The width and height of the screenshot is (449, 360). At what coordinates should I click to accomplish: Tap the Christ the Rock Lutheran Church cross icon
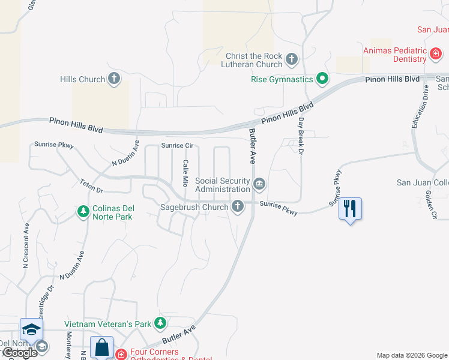292,59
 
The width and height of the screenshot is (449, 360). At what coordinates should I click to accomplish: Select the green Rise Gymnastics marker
322,79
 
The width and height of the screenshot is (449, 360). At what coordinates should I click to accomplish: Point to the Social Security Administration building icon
259,184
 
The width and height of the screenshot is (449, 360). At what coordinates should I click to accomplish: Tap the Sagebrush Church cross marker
238,207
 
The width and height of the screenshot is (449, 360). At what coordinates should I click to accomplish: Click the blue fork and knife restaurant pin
350,209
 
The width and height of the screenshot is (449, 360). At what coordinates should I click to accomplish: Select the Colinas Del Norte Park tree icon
83,211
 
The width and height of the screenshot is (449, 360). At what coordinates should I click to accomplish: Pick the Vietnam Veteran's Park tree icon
160,324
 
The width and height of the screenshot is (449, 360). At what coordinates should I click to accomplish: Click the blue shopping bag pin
101,347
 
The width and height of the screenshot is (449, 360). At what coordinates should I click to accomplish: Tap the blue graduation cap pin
31,329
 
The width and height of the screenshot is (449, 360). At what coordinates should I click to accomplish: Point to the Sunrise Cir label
177,146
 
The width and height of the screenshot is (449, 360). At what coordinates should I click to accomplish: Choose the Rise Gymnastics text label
282,79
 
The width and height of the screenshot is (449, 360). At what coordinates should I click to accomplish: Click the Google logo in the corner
19,352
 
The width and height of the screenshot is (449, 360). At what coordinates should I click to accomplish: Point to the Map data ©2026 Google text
412,355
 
